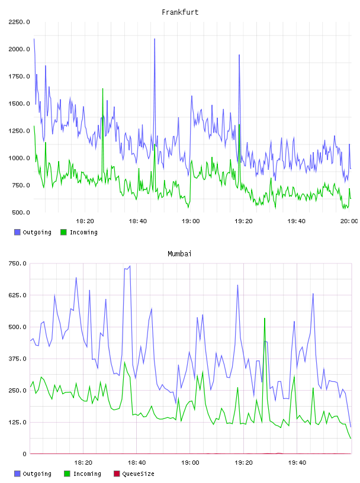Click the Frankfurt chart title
[180, 12]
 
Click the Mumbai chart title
[179, 254]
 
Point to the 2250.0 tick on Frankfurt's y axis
[19, 22]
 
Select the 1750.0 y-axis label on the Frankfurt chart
[19, 76]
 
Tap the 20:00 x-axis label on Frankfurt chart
[349, 221]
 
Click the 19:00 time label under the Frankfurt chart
[191, 221]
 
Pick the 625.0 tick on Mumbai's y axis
[17, 295]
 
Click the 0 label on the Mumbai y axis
[24, 454]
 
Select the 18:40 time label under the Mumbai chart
[137, 463]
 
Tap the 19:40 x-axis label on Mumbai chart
[297, 463]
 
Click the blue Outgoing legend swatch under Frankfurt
[17, 232]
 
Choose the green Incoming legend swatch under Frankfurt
[63, 232]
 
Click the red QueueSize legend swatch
[117, 474]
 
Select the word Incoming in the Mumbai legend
[87, 474]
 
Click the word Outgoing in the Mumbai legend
[37, 474]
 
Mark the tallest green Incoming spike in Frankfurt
[102, 89]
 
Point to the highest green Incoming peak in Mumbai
[265, 318]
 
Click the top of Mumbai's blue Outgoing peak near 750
[130, 266]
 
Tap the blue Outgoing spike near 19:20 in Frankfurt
[239, 55]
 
